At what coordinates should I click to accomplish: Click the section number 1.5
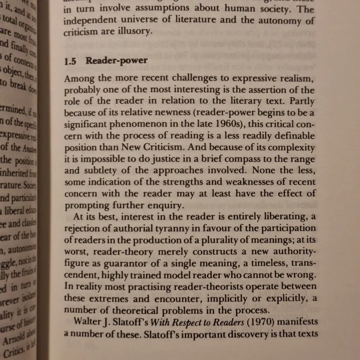[x=71, y=61]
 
